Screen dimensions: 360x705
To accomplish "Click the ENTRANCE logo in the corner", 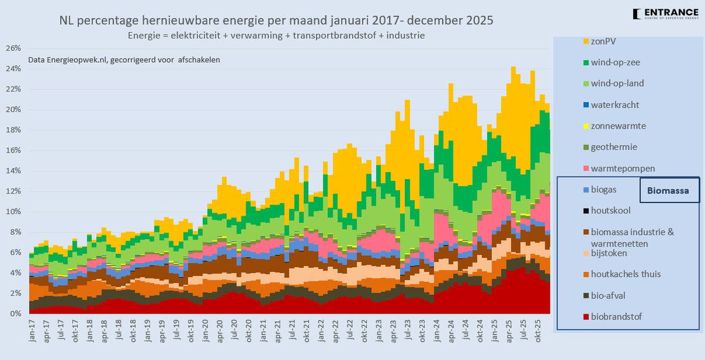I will pyautogui.click(x=666, y=14).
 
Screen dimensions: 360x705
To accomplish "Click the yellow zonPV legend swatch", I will pyautogui.click(x=586, y=41).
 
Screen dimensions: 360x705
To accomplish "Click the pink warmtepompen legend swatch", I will pyautogui.click(x=586, y=169).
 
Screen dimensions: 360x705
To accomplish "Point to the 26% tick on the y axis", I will pyautogui.click(x=14, y=48).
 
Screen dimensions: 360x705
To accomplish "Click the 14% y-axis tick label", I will pyautogui.click(x=14, y=171).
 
